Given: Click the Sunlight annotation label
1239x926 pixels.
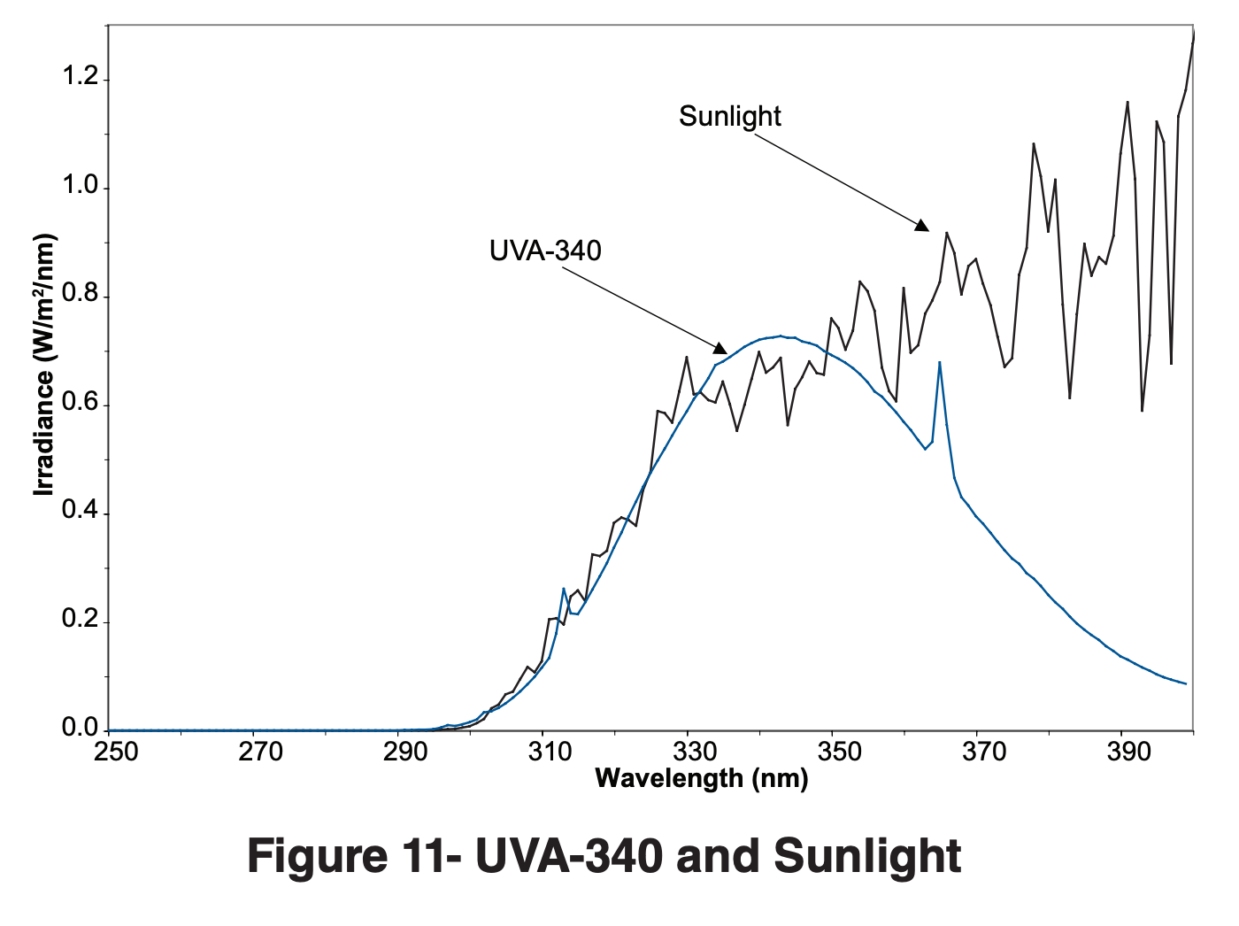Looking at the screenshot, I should click(x=730, y=116).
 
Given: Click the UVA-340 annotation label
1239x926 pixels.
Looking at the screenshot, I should click(x=545, y=251).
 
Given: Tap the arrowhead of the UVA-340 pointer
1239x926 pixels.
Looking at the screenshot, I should click(x=720, y=348).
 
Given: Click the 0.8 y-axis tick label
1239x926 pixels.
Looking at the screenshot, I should click(x=80, y=295).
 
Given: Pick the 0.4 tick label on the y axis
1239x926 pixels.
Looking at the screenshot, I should click(x=80, y=512).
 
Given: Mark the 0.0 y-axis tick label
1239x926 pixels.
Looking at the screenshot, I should click(x=80, y=729).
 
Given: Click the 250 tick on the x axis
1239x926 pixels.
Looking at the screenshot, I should click(x=116, y=752).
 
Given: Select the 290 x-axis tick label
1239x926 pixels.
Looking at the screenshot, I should click(x=405, y=752).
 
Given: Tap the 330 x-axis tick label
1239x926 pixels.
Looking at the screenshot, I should click(x=695, y=752).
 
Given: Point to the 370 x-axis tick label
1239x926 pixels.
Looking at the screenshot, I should click(x=984, y=752).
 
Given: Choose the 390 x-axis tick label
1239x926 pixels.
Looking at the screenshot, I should click(x=1128, y=752).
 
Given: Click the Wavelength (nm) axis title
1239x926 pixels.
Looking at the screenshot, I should click(x=701, y=778).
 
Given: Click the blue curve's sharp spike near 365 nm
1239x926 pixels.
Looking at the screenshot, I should click(x=939, y=363).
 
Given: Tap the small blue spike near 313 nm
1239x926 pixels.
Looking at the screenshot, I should click(x=564, y=589).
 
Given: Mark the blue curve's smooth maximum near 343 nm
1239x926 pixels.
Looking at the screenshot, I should click(x=781, y=336).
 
